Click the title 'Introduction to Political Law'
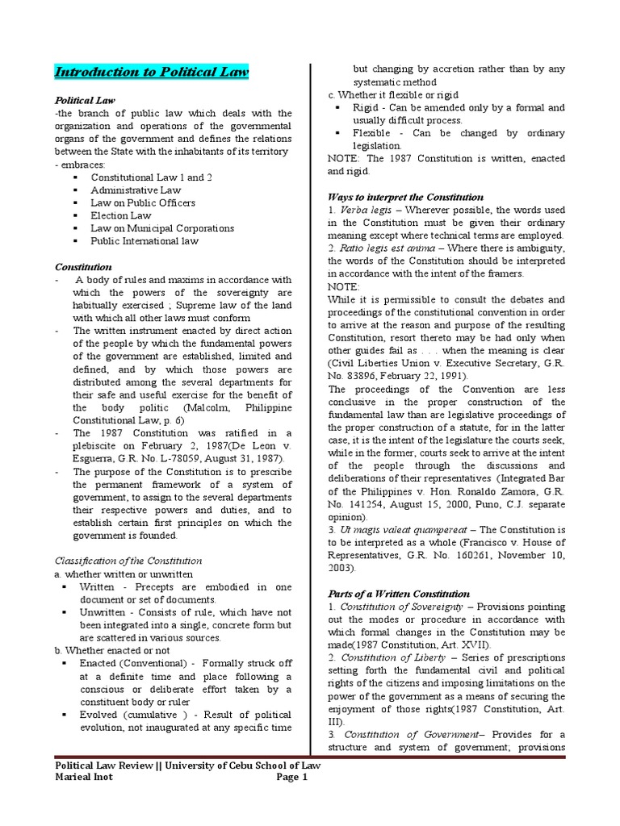click(x=151, y=73)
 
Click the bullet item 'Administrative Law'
click(x=136, y=190)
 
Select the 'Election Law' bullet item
click(x=121, y=215)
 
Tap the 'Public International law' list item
click(x=145, y=241)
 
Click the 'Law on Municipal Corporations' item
click(x=162, y=228)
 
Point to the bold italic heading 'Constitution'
click(x=83, y=266)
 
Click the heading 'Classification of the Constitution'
click(x=128, y=561)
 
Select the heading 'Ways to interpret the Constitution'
click(x=405, y=197)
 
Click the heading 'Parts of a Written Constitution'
click(x=399, y=594)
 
